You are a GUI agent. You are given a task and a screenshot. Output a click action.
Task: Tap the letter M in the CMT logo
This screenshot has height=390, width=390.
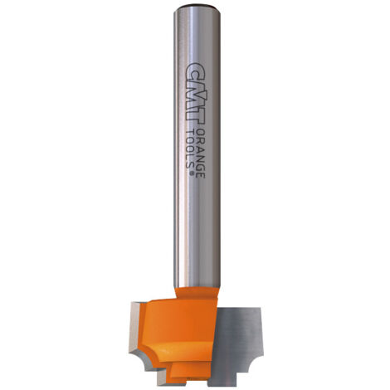(196, 94)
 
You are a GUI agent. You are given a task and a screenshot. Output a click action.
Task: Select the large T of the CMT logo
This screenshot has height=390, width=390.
(195, 115)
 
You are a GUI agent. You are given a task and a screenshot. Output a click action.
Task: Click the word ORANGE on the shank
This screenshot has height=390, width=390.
(201, 153)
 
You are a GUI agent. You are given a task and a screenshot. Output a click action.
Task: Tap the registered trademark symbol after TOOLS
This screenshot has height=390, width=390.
(191, 173)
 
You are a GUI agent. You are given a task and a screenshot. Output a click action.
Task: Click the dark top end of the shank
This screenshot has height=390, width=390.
(197, 7)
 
